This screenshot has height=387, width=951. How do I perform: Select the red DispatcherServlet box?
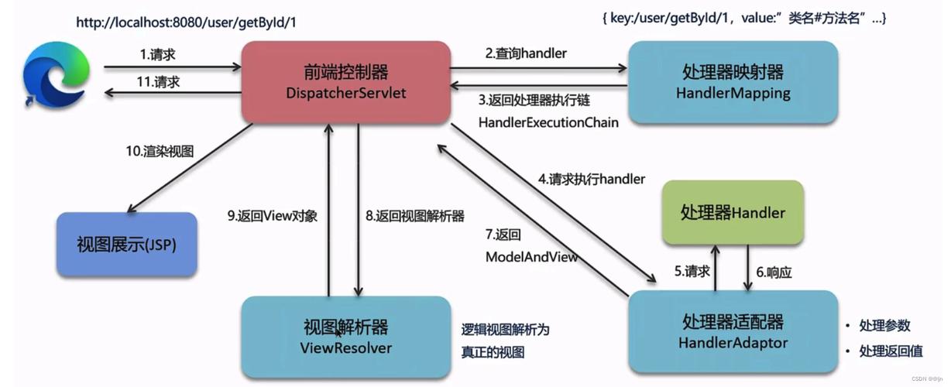click(345, 82)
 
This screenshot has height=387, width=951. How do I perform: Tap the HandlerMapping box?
click(733, 82)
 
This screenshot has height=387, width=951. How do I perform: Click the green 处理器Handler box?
click(733, 212)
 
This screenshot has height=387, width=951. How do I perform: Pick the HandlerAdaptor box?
click(733, 331)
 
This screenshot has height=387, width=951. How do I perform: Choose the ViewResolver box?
click(345, 337)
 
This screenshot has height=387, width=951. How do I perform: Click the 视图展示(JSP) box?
click(126, 245)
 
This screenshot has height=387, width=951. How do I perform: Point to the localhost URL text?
click(186, 22)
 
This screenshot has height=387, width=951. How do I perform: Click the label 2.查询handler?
click(526, 53)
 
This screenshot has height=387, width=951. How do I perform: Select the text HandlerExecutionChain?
click(548, 122)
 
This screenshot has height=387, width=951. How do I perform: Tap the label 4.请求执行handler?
click(592, 179)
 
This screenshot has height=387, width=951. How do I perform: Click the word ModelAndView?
click(531, 256)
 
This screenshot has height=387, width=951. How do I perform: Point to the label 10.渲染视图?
click(159, 152)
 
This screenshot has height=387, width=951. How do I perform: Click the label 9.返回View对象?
click(273, 217)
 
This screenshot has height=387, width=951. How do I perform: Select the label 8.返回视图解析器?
click(415, 217)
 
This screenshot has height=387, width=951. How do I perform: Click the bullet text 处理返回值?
click(891, 351)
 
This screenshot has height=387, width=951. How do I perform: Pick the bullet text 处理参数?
click(884, 326)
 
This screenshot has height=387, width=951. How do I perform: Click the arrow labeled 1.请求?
click(170, 67)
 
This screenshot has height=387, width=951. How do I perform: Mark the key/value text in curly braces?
click(743, 18)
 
